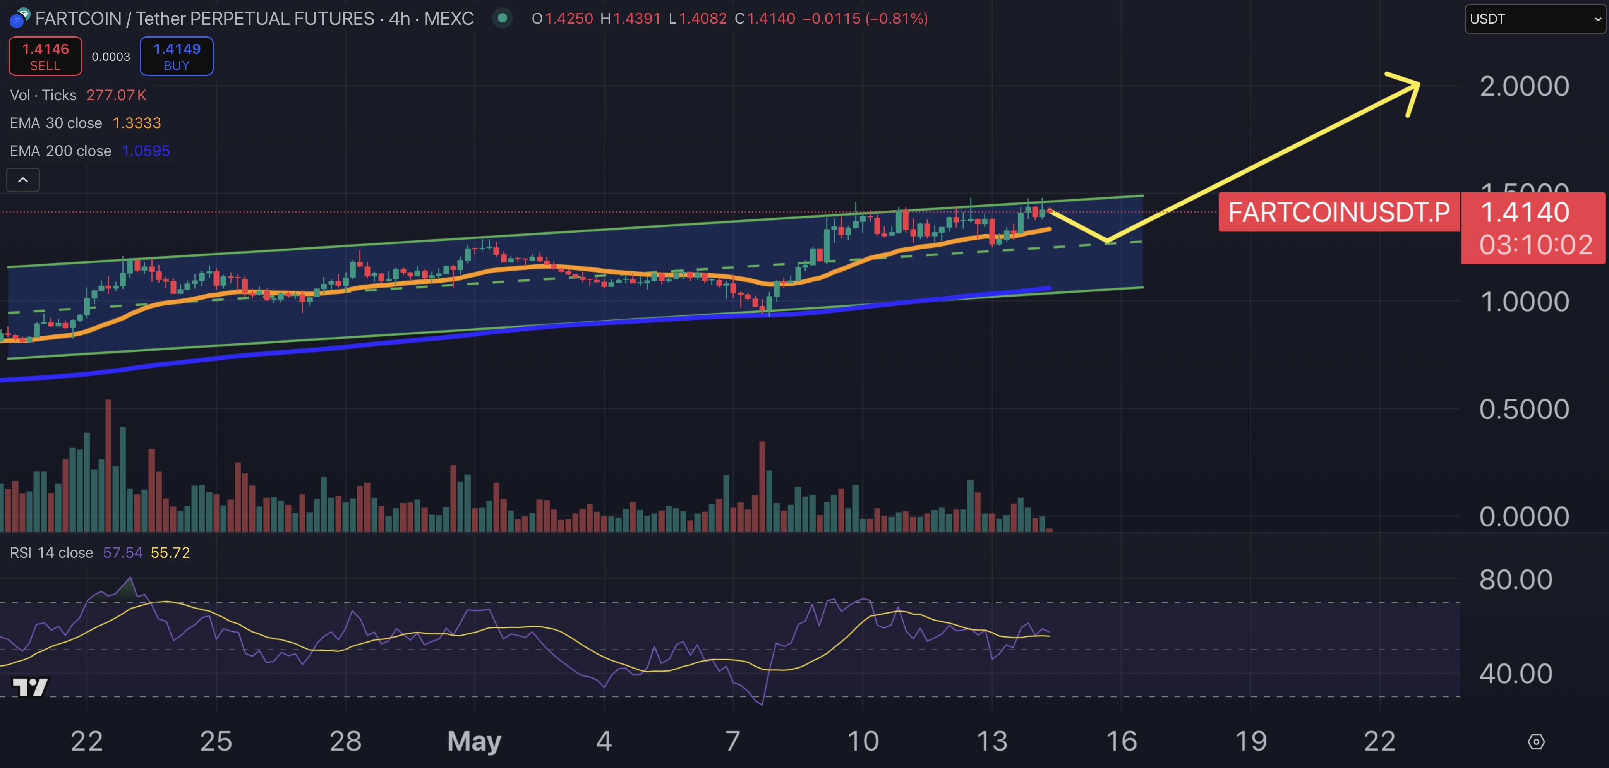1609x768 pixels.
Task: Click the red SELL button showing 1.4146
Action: pyautogui.click(x=45, y=56)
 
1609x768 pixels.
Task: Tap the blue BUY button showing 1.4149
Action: pyautogui.click(x=177, y=56)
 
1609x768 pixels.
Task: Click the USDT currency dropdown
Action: pyautogui.click(x=1535, y=19)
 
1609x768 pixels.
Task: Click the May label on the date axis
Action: pyautogui.click(x=474, y=741)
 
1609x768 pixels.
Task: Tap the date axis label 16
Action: pyautogui.click(x=1121, y=741)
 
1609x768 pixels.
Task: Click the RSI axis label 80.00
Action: pyautogui.click(x=1515, y=580)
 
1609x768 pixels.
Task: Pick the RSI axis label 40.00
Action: pyautogui.click(x=1515, y=674)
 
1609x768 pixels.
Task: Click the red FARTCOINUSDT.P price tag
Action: pyautogui.click(x=1338, y=212)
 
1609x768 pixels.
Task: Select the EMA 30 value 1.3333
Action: pyautogui.click(x=136, y=123)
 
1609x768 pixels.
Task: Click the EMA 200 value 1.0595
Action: pyautogui.click(x=146, y=151)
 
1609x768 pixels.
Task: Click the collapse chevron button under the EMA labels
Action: pyautogui.click(x=23, y=180)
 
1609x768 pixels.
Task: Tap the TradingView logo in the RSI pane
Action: pyautogui.click(x=30, y=687)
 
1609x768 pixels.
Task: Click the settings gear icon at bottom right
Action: pyautogui.click(x=1536, y=742)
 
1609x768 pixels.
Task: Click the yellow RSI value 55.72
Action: pyautogui.click(x=170, y=553)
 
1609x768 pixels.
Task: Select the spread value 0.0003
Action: pyautogui.click(x=111, y=57)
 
